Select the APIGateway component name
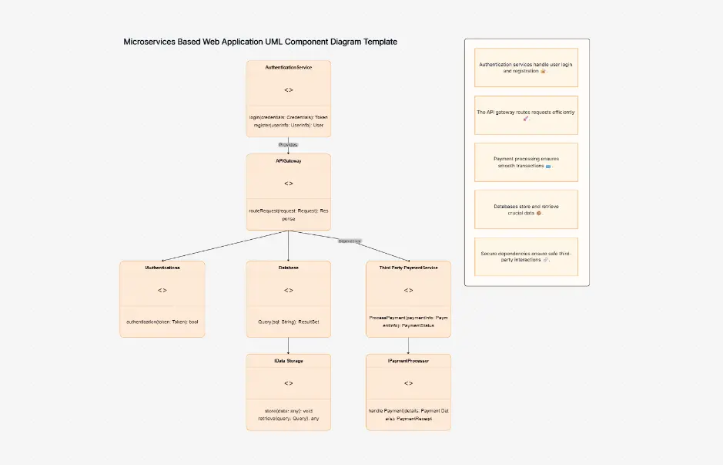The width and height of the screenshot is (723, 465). click(x=288, y=161)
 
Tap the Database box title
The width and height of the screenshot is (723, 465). click(x=288, y=268)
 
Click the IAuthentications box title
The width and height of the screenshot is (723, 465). click(x=162, y=268)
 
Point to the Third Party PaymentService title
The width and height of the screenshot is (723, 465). click(x=408, y=268)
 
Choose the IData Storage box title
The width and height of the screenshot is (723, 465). click(x=288, y=361)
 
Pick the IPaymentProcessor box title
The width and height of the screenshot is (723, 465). click(x=408, y=361)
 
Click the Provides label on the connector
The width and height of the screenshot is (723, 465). click(x=288, y=145)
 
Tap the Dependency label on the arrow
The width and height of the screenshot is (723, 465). click(x=350, y=241)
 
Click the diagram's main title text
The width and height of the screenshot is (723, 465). click(x=260, y=42)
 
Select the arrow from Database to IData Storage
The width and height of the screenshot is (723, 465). click(x=288, y=345)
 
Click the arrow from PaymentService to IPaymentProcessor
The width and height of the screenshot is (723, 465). click(x=408, y=345)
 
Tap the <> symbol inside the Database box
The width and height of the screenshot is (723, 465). click(x=288, y=290)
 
